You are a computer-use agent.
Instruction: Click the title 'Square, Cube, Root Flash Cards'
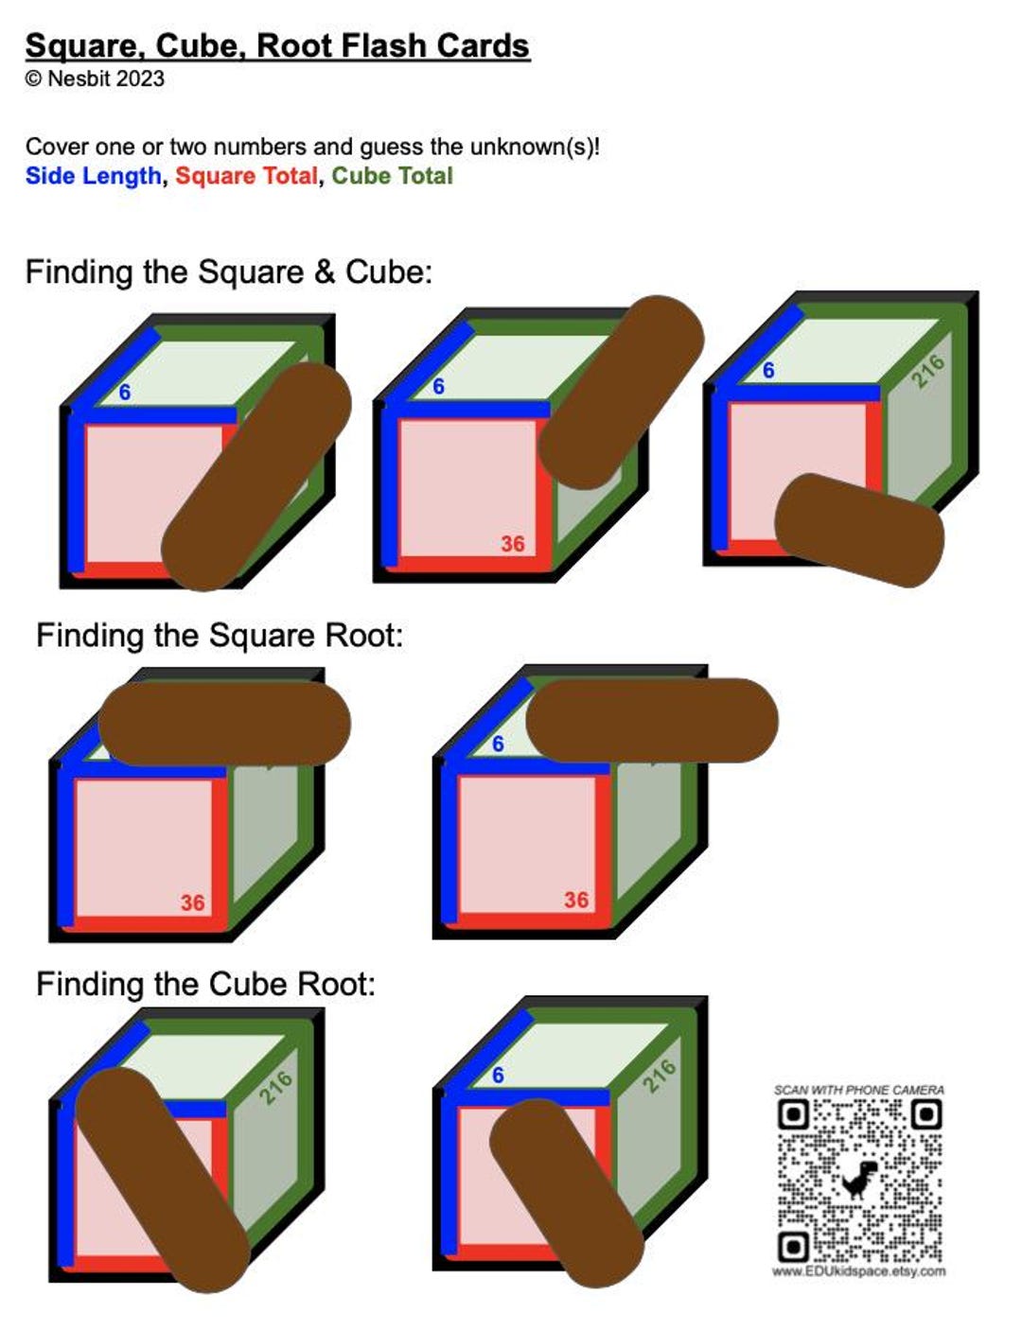coord(276,45)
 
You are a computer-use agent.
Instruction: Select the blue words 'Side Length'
coord(93,176)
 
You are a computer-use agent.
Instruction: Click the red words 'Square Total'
coord(246,176)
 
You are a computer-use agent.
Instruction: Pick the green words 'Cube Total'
coord(392,176)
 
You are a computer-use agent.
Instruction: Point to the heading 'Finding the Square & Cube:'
coord(228,272)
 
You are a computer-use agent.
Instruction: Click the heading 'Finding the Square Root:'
coord(220,635)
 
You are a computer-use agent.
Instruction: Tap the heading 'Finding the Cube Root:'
coord(205,984)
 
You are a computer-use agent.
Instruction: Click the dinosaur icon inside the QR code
coord(859,1180)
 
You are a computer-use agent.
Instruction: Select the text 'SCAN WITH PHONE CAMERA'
coord(858,1090)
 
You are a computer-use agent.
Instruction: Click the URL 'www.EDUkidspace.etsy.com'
coord(858,1271)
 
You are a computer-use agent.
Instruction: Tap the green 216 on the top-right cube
coord(927,372)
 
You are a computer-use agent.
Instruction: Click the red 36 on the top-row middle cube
coord(513,544)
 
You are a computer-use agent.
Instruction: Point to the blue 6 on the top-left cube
coord(124,392)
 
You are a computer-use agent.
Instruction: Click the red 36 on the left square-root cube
coord(192,902)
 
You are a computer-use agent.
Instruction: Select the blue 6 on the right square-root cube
coord(498,744)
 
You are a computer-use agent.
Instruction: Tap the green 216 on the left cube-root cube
coord(275,1088)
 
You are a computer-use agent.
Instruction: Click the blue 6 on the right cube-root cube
coord(498,1076)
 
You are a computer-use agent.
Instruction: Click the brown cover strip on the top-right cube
coord(859,530)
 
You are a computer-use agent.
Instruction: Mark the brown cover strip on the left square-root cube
coord(224,724)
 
